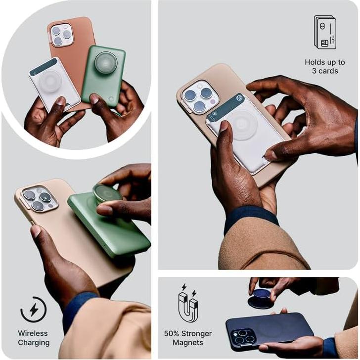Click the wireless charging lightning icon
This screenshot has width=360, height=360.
[x=33, y=310]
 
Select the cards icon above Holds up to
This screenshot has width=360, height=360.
[x=324, y=33]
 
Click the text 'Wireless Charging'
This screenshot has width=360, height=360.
[x=34, y=338]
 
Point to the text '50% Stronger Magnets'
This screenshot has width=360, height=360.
[x=188, y=338]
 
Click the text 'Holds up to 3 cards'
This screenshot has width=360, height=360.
[x=325, y=66]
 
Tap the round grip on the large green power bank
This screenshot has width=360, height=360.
[x=107, y=193]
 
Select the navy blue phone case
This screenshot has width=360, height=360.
[x=270, y=329]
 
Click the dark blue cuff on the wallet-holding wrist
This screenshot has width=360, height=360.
[x=250, y=218]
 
